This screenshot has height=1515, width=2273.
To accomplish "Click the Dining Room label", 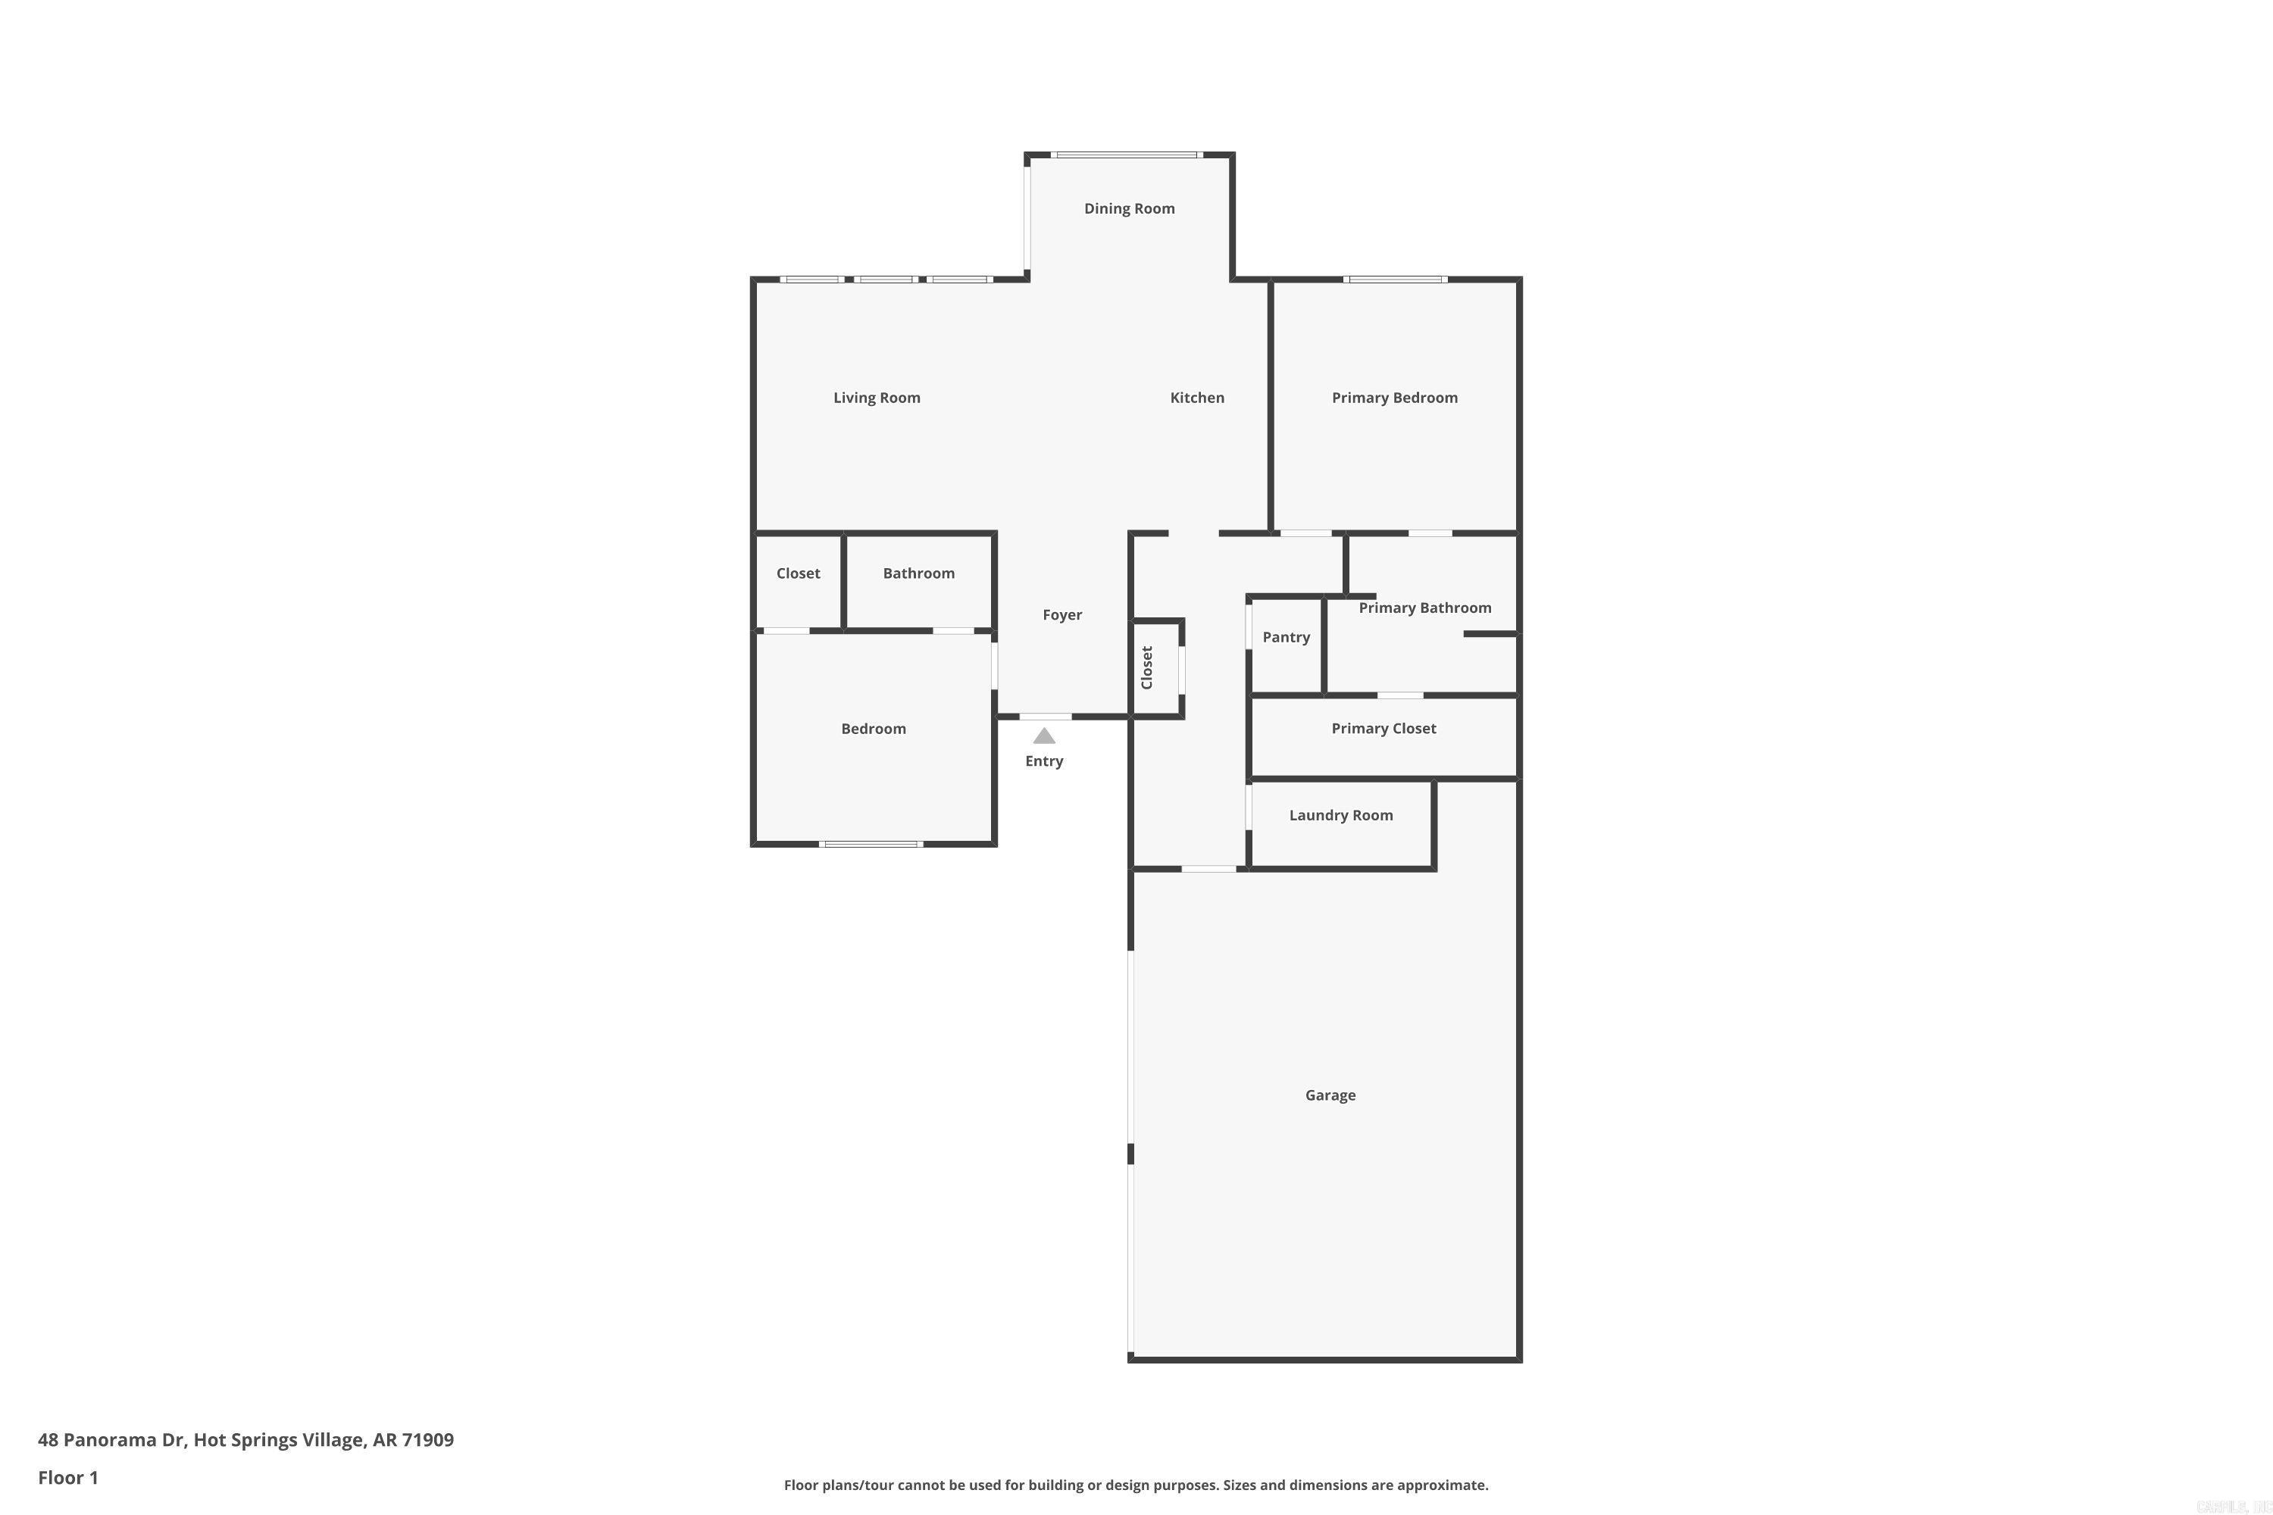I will coord(1129,209).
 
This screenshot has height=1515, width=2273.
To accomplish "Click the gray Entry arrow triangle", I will coord(1044,736).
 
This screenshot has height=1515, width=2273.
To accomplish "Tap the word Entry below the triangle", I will coord(1044,761).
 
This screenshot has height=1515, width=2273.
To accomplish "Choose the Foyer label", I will coord(1061,615).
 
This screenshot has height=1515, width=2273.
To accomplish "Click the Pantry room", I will coord(1285,638).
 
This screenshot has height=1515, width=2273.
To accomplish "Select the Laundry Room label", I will coord(1340,816).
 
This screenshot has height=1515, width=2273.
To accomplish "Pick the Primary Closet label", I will coord(1383,729).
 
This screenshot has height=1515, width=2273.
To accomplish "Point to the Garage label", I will coord(1330,1095).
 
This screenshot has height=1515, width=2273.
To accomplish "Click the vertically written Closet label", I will coord(1147,667).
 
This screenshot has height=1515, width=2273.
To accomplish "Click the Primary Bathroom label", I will coord(1424,608).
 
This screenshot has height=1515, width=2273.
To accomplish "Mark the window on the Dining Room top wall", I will coord(1127,155).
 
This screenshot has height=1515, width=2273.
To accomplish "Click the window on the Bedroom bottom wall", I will coord(871,845).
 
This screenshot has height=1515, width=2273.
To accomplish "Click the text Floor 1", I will coord(67,1477).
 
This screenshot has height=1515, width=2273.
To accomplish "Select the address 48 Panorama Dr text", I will coord(245,1440).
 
